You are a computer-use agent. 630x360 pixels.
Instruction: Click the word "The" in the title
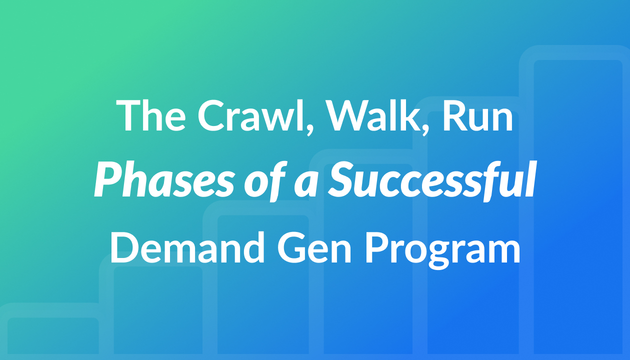(151, 115)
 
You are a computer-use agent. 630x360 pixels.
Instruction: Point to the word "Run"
(478, 116)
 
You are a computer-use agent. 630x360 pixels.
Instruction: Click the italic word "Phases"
(164, 180)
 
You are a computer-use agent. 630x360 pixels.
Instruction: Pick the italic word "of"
(265, 181)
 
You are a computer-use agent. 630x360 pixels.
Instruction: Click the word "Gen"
(314, 247)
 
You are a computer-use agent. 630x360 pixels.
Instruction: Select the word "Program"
(442, 251)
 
